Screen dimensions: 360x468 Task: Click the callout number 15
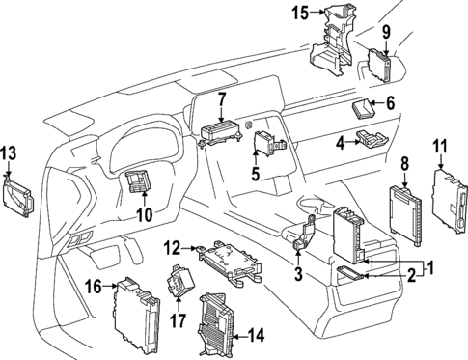point(300,13)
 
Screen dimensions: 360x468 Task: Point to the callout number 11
point(441,148)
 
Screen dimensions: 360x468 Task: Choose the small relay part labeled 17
point(179,283)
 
